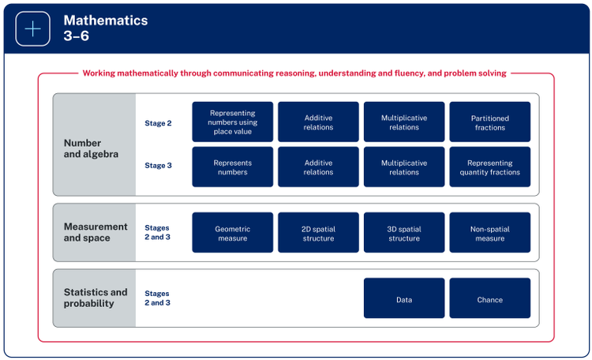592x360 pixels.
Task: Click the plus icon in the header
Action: coord(33,28)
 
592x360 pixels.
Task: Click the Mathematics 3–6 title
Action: coord(105,28)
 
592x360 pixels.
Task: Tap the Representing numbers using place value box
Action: coord(233,122)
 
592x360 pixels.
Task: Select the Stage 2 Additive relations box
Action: coord(318,122)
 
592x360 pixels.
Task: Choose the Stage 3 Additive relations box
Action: coord(318,167)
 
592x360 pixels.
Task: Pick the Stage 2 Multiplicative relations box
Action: coord(404,122)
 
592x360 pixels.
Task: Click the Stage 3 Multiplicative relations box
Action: coord(404,167)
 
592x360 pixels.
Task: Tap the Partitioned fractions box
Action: coord(489,122)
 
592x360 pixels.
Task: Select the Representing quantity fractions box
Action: coord(489,167)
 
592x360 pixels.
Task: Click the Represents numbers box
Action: coord(233,167)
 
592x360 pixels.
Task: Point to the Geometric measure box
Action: coord(233,233)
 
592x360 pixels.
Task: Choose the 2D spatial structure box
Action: coord(318,233)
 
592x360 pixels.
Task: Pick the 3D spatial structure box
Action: coord(404,233)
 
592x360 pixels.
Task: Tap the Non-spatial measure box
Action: coord(489,233)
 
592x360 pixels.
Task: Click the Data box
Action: coord(404,298)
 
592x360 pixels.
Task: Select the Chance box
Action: coord(489,298)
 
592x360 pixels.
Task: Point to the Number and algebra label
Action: coord(91,148)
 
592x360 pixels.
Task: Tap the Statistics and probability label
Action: coord(95,298)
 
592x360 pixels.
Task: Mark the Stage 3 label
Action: coord(157,167)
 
